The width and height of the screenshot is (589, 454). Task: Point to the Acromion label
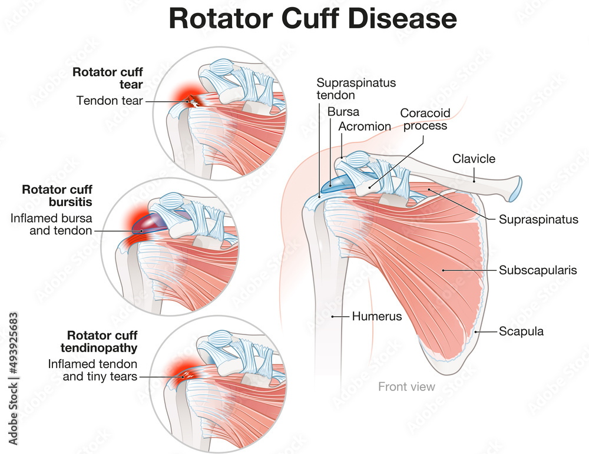tap(365, 127)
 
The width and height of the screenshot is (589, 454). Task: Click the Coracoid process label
tap(423, 119)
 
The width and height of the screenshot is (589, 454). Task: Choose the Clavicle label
tap(474, 158)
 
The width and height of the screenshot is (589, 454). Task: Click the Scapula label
tap(521, 332)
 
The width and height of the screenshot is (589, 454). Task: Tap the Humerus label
tap(376, 316)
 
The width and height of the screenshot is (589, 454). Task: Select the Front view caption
tap(406, 387)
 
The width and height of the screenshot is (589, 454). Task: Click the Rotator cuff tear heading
tap(108, 78)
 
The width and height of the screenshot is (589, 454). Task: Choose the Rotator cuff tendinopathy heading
tap(102, 342)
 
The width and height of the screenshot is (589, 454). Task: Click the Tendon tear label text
tap(110, 101)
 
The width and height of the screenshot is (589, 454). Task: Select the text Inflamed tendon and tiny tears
tap(92, 370)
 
